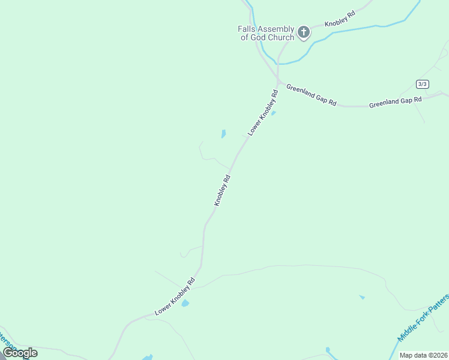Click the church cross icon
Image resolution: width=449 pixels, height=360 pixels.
(304, 31)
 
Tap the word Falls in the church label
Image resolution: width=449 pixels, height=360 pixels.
(249, 29)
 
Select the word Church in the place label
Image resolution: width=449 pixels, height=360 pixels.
(280, 37)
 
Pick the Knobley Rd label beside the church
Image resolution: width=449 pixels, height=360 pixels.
(340, 19)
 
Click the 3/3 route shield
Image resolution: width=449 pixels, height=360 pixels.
(423, 83)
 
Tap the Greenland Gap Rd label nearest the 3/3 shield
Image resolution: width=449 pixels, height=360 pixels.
(396, 102)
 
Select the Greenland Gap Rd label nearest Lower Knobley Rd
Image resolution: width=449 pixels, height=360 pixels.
(311, 95)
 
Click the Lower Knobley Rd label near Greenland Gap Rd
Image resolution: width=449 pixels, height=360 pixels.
(264, 112)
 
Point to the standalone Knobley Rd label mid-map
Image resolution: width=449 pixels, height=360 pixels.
(222, 190)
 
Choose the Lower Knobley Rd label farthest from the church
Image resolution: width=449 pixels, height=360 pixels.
(175, 296)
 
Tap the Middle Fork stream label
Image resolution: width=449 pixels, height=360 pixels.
(424, 318)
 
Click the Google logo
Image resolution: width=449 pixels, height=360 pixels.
(20, 353)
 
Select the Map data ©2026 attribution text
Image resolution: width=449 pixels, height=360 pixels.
(423, 355)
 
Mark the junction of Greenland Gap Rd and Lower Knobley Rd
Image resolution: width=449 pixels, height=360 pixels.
(278, 82)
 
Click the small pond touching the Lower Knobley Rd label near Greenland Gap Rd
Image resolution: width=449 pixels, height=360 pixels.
(274, 113)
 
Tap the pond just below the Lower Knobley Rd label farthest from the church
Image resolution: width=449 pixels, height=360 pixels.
(185, 304)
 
